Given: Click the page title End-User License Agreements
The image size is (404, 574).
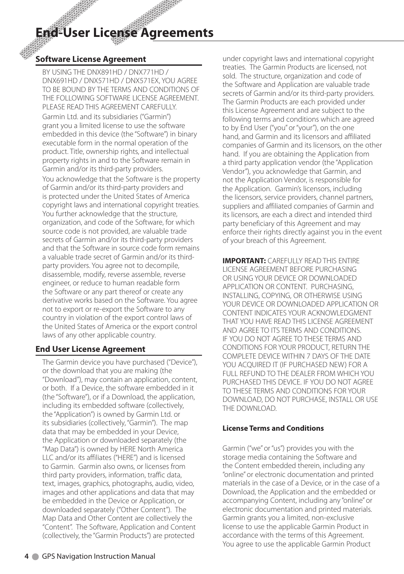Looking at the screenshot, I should tap(125, 33).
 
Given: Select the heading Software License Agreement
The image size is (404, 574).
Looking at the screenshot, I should tap(91, 59).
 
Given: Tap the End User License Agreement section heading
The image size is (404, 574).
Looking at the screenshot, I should tap(90, 349).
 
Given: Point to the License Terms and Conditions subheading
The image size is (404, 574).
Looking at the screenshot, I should tap(273, 428).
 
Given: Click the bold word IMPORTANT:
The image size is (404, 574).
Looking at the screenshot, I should tap(244, 261).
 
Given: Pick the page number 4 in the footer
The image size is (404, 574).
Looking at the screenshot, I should tap(26, 556).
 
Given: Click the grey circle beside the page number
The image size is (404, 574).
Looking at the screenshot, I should tap(36, 557).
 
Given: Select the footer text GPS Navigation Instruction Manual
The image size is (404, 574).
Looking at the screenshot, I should tap(98, 556).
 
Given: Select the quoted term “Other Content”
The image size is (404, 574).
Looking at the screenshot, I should tap(145, 510).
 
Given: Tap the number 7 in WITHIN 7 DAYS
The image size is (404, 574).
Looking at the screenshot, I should tap(321, 356).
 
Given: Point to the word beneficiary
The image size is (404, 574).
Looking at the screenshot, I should tap(261, 223).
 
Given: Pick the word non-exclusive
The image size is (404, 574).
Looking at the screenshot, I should tap(332, 518).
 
